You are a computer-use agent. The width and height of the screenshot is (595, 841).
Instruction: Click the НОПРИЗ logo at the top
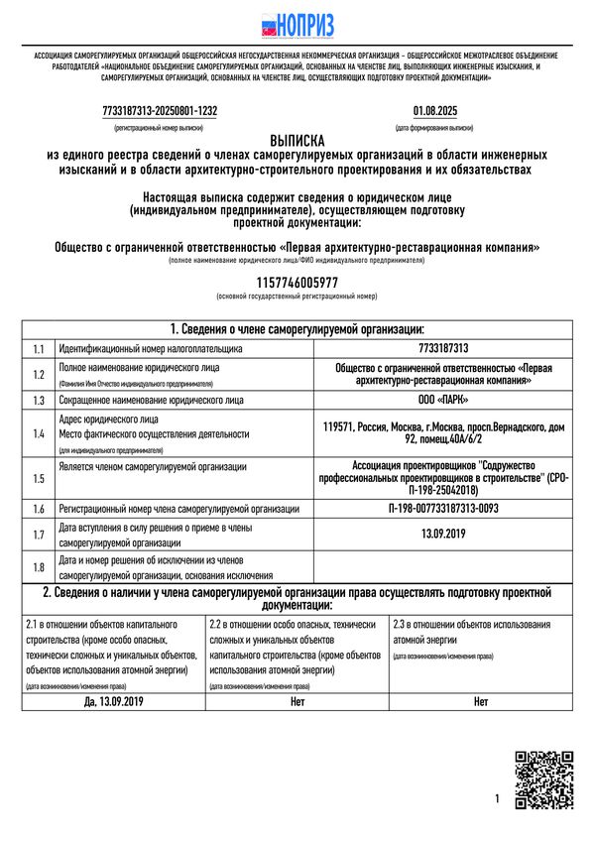pos(297,25)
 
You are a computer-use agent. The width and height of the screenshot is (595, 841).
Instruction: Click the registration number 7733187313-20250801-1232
pos(160,111)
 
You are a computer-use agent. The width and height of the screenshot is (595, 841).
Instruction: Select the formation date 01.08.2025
pos(434,111)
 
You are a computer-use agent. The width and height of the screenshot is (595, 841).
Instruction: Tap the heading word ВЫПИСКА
pos(297,141)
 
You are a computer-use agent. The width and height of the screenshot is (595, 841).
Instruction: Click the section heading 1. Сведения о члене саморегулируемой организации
pos(297,329)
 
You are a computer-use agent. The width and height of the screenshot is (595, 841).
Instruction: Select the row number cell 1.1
pos(39,349)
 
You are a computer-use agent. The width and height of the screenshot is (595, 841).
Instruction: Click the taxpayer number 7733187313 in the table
pos(443,349)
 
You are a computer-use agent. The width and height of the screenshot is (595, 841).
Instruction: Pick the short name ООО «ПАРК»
pos(443,400)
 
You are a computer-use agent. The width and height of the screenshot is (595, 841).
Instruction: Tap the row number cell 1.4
pos(39,434)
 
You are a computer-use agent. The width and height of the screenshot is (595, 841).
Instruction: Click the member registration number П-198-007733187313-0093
pos(443,509)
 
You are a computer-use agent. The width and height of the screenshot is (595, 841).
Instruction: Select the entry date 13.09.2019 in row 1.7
pos(443,535)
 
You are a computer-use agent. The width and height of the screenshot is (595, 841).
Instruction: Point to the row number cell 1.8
pos(39,567)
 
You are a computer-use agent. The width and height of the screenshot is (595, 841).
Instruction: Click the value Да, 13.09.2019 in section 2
pos(114,701)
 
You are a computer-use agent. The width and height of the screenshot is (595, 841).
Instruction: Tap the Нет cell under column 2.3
pos(481,701)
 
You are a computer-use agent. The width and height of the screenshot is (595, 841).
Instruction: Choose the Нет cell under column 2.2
pos(297,701)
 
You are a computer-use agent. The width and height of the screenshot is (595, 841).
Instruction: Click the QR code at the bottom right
pos(543,781)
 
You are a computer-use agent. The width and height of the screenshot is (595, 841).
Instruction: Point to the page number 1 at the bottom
pos(497,798)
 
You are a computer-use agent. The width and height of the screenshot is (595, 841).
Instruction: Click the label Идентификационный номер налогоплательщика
pos(151,349)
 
